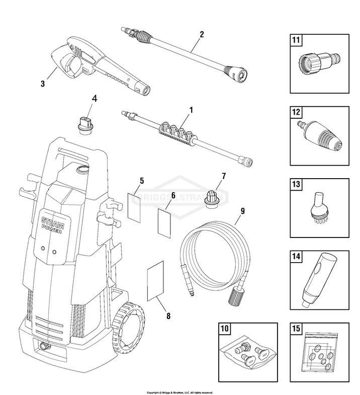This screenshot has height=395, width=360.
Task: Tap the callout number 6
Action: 173,195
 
